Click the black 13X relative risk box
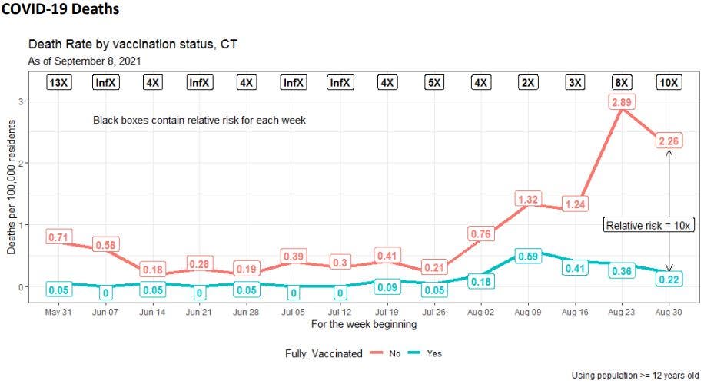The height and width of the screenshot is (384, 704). click(x=58, y=83)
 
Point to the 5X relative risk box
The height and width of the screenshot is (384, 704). click(x=433, y=83)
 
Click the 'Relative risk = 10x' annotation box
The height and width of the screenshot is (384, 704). click(x=649, y=225)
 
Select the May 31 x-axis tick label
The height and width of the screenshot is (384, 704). click(x=58, y=313)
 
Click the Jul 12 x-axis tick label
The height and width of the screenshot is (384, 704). click(x=340, y=313)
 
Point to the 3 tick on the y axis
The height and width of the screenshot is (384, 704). click(x=22, y=101)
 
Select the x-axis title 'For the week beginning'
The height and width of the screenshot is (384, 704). click(x=364, y=325)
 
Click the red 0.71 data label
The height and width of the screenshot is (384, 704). click(x=58, y=237)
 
